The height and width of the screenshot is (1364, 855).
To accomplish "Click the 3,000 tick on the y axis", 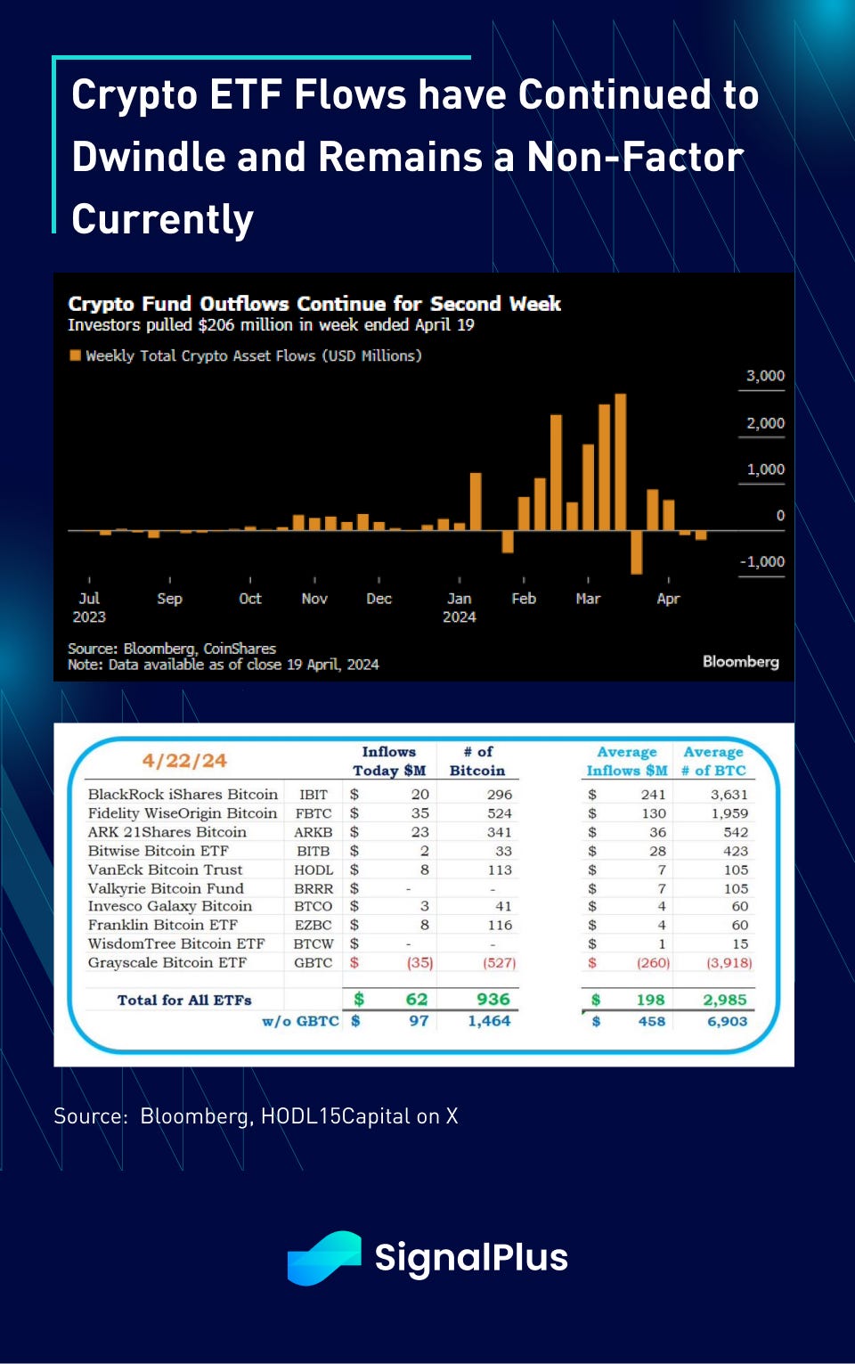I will point(765,376).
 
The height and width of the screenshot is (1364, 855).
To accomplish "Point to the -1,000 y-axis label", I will point(762,562).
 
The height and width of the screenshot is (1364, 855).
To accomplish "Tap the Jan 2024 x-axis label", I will point(459,608).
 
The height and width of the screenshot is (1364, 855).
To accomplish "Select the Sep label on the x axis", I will point(169,599).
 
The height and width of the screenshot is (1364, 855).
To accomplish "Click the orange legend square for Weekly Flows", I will point(75,355).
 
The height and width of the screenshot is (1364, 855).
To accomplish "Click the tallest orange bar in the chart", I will point(621,461).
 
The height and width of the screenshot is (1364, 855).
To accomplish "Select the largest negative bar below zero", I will point(636,552).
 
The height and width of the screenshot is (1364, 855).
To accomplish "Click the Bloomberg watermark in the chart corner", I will point(740,661).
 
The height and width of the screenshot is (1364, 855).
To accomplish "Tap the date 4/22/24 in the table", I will point(184,761).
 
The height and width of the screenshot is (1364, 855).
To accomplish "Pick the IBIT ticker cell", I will point(313,795).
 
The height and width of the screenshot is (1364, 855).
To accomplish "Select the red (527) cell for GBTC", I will point(499,963).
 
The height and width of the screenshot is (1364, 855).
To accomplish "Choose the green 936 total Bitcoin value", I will point(493,1000).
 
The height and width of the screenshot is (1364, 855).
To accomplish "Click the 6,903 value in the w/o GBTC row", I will point(727,1021).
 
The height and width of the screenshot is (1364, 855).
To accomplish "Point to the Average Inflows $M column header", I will point(627,762).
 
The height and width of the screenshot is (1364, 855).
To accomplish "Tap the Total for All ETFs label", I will point(184,1001).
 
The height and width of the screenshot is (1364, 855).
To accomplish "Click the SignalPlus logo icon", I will point(323,1258).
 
